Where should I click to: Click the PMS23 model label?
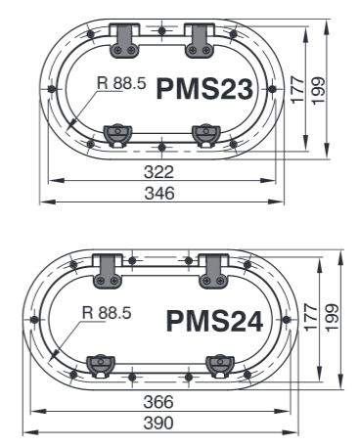(x=204, y=89)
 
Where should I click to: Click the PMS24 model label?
(x=214, y=321)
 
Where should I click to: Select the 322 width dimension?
(x=158, y=172)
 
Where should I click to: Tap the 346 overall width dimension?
(x=159, y=193)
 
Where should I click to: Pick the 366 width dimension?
(x=158, y=402)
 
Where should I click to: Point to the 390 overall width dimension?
(x=158, y=424)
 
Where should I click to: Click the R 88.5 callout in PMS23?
(x=121, y=83)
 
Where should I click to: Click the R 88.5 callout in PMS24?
(x=107, y=313)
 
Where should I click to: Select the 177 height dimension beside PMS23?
(x=297, y=90)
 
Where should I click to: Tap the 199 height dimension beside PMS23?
(x=319, y=91)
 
